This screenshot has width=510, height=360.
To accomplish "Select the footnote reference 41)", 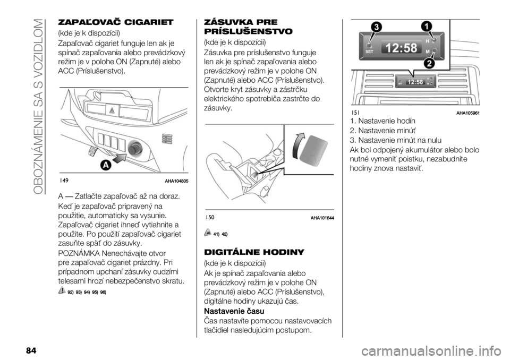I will [217, 234].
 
